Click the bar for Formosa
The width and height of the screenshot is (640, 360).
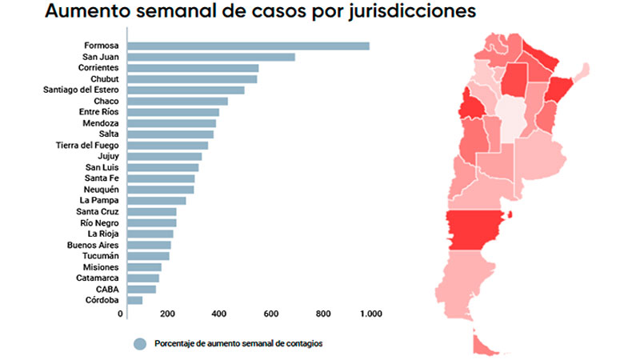(248, 46)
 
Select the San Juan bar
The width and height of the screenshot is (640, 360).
(211, 57)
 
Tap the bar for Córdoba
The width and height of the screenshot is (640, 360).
(134, 300)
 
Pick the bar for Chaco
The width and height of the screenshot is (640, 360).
(178, 101)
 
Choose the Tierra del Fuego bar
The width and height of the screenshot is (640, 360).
(167, 145)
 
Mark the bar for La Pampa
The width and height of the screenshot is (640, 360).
(156, 200)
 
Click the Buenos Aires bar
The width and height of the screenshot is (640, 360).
(149, 245)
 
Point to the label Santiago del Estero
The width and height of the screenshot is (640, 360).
(81, 90)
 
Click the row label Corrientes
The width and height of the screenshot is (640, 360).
(98, 68)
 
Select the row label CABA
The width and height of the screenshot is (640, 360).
(107, 289)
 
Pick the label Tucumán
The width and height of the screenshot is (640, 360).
(99, 256)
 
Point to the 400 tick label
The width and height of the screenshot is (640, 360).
(218, 313)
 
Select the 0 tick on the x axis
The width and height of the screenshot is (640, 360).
(121, 313)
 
